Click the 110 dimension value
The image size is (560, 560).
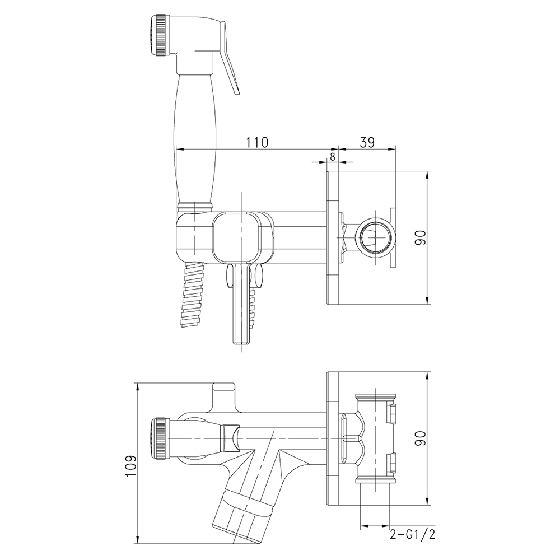pos(257,142)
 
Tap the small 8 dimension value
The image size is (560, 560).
pos(333,157)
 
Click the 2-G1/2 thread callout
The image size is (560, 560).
pos(413,534)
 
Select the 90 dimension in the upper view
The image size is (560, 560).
pos(421,237)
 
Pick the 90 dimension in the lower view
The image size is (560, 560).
pos(421,438)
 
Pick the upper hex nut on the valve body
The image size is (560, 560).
pos(391,412)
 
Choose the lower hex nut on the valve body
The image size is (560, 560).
pos(391,462)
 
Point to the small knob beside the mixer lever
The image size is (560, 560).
pos(258,276)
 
